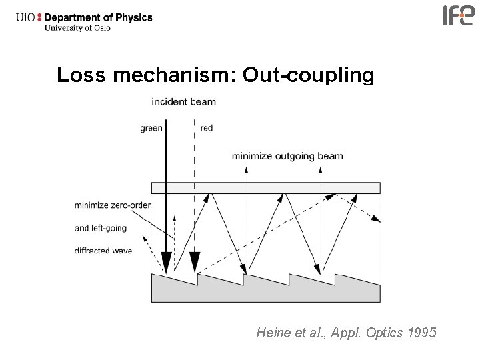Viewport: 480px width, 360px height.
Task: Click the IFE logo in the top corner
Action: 459,15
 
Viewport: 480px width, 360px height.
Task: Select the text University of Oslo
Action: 77,28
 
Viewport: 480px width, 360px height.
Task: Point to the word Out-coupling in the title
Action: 308,75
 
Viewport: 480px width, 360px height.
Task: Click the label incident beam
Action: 183,102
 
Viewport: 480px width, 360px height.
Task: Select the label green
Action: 151,128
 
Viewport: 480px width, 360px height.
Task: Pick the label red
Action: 207,128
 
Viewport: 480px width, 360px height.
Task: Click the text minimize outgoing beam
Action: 287,157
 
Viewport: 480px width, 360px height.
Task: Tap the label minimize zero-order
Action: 113,205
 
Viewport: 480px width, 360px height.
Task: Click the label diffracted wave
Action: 103,251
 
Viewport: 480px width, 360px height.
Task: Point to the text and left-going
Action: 101,228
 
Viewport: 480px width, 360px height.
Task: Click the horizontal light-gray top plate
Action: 265,187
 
